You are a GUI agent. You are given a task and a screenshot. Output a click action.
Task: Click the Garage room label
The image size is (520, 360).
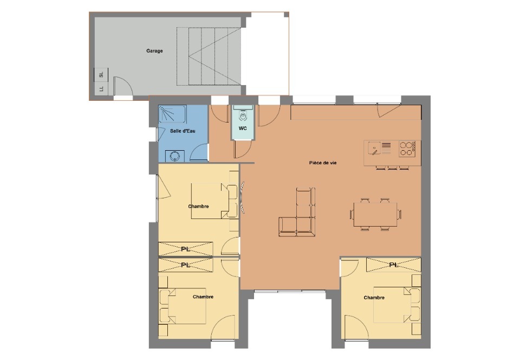[x=154, y=51]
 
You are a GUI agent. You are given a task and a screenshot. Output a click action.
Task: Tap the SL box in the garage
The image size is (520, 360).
[x=101, y=75]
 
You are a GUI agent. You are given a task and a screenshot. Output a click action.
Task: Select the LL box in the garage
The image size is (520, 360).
[x=101, y=88]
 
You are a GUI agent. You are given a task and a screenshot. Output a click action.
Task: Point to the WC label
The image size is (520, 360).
[x=243, y=128]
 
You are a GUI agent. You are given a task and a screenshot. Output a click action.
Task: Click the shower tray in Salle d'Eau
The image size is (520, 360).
[x=172, y=114]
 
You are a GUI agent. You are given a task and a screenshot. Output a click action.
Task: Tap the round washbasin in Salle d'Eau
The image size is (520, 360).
[x=174, y=156]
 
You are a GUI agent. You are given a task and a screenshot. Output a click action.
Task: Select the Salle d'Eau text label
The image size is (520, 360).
[x=183, y=131]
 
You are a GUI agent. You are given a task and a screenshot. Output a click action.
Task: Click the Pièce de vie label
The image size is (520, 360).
[x=323, y=163]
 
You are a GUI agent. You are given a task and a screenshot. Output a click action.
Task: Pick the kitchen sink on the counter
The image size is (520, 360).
[x=374, y=149]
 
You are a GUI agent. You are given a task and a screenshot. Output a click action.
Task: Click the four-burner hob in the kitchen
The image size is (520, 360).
[x=407, y=149]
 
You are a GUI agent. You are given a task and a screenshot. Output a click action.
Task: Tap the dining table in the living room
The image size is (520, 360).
[x=375, y=214]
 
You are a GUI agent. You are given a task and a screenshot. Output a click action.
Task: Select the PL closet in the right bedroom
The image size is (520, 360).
[x=394, y=265]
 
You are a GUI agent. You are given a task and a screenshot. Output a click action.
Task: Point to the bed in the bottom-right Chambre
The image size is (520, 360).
[x=397, y=305]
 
